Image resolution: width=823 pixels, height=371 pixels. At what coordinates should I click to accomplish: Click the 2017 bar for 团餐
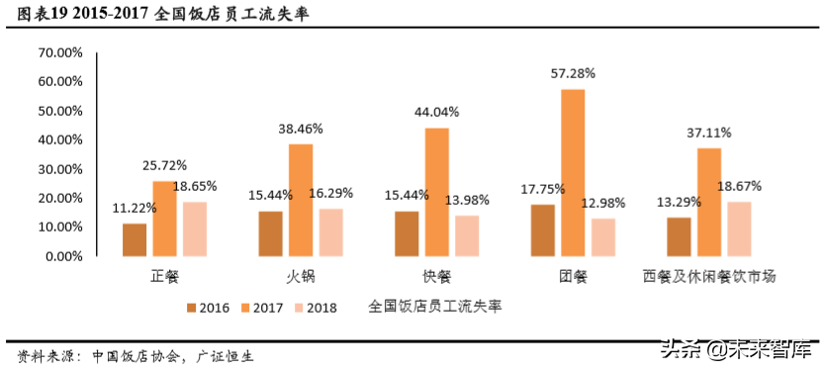tap(573, 172)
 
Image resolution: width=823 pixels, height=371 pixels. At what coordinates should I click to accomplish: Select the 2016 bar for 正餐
tap(135, 239)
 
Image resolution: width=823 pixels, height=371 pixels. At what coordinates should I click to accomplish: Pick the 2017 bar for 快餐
tap(437, 191)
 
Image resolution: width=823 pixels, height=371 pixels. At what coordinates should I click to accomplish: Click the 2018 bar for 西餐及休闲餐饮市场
tap(739, 229)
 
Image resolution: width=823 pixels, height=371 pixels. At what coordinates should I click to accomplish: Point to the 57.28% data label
tap(573, 73)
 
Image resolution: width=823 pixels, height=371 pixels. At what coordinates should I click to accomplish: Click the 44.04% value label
tap(437, 112)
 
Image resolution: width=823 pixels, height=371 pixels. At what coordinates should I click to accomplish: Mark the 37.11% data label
tap(709, 132)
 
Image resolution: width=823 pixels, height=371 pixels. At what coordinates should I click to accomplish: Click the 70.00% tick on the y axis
tap(60, 52)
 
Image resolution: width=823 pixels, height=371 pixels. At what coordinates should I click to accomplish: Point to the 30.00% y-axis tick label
tap(60, 168)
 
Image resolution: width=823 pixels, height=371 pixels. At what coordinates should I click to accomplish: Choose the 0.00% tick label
tap(63, 255)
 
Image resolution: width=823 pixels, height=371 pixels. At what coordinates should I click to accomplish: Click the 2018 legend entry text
tap(321, 308)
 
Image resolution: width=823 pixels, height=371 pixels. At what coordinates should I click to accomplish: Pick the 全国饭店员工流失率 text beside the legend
tap(434, 307)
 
